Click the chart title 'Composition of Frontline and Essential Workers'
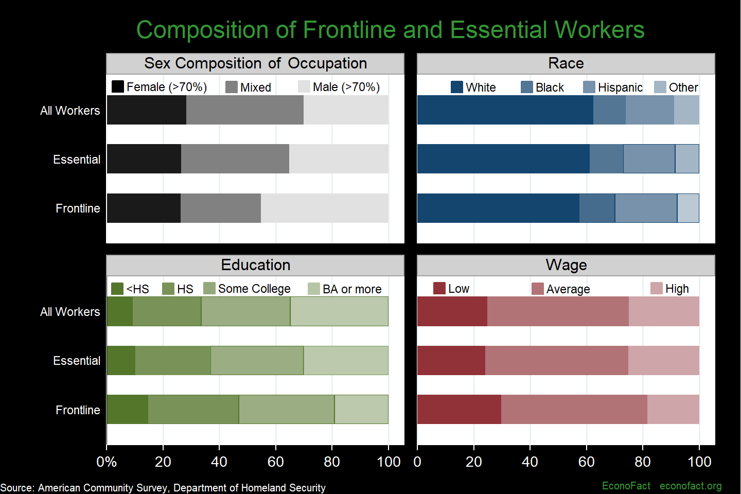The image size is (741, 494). (390, 30)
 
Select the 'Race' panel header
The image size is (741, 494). (566, 63)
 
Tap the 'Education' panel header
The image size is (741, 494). (255, 265)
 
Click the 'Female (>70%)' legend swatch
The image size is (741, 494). (118, 86)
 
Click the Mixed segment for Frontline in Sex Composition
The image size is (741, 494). (220, 208)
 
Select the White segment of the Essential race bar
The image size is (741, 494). (503, 159)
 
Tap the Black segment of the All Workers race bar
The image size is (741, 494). (609, 110)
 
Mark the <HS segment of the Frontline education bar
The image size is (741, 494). (127, 410)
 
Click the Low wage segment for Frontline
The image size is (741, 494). (459, 410)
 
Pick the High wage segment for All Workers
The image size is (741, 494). (664, 311)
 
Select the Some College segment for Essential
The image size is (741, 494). (257, 361)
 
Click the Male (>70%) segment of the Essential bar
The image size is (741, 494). (339, 159)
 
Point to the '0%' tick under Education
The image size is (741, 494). (107, 462)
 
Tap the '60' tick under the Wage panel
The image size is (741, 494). (586, 462)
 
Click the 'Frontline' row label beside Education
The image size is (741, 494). (78, 410)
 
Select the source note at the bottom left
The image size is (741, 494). (163, 487)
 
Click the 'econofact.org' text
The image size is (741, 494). (691, 486)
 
